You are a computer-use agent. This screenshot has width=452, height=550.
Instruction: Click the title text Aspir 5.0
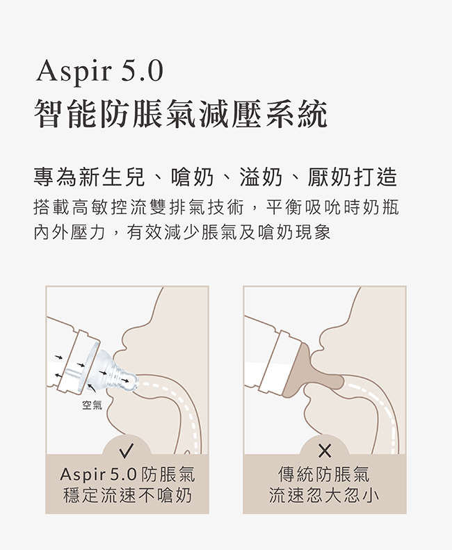point(99,71)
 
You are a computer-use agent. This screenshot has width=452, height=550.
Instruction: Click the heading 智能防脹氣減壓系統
point(181,113)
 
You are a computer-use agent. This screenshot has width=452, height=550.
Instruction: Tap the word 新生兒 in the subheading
point(112,177)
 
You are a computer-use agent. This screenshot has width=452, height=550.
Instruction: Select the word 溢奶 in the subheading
point(261,177)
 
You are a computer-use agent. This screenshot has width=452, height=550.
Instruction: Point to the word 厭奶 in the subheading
point(330,177)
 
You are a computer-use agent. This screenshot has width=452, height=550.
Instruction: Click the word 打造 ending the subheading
point(376,177)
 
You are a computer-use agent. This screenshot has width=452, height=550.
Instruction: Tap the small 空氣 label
point(92,405)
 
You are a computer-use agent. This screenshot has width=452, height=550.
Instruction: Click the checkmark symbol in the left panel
point(127,451)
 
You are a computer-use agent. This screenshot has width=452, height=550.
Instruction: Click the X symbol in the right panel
point(325,451)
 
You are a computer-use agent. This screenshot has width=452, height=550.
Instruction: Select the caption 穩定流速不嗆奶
point(127,496)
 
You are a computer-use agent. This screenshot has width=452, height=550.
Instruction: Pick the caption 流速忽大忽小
point(324,496)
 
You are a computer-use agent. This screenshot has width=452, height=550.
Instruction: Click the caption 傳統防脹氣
point(324,475)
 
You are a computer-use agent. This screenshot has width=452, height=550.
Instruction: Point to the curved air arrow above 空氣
point(91,387)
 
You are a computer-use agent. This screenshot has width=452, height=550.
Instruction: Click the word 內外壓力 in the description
point(70,232)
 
